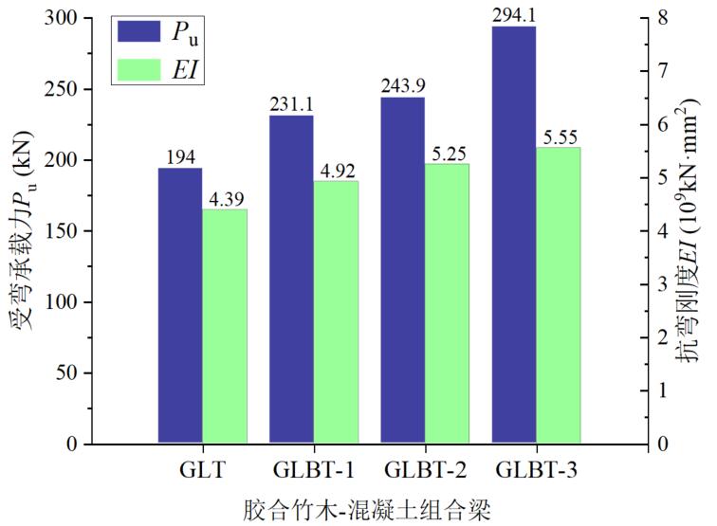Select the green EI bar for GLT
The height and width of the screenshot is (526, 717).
pos(225,326)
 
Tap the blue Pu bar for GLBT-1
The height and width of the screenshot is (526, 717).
pos(291,279)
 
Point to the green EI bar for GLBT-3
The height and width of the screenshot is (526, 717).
pos(559,295)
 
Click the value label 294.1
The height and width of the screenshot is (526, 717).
pos(514,15)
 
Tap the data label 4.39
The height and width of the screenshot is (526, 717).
pos(225,199)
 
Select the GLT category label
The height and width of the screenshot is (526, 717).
pos(202,470)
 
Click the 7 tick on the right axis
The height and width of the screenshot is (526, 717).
pos(659,72)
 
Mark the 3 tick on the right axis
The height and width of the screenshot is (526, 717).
pos(659,284)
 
